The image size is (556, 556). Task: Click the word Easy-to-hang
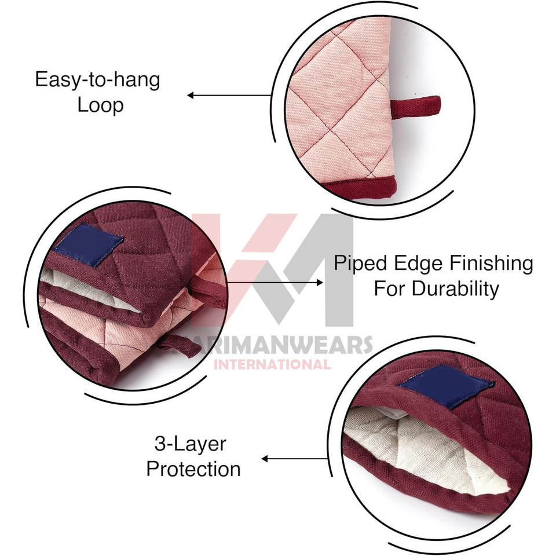pyautogui.click(x=97, y=79)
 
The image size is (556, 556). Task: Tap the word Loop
pyautogui.click(x=101, y=105)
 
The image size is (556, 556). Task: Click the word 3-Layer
pyautogui.click(x=191, y=445)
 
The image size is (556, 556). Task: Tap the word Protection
pyautogui.click(x=193, y=469)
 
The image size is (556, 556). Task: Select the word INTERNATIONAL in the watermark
pyautogui.click(x=272, y=364)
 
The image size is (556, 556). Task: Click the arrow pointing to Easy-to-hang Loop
pyautogui.click(x=229, y=95)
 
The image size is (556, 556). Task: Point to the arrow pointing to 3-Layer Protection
pyautogui.click(x=295, y=459)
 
